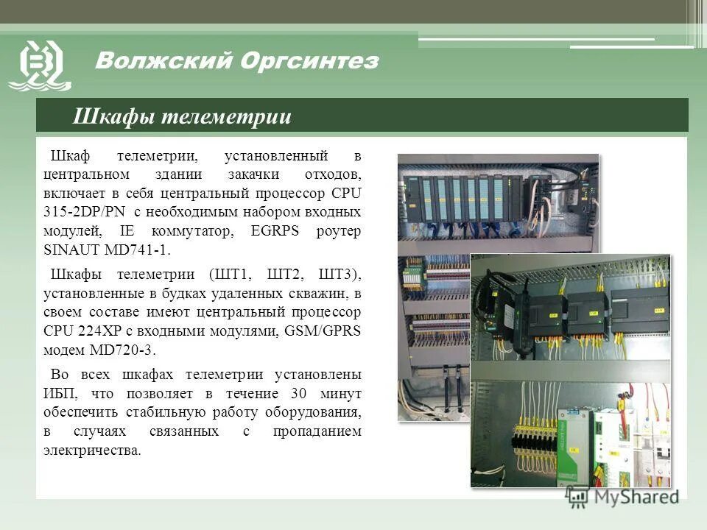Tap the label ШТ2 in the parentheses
[x=288, y=275]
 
